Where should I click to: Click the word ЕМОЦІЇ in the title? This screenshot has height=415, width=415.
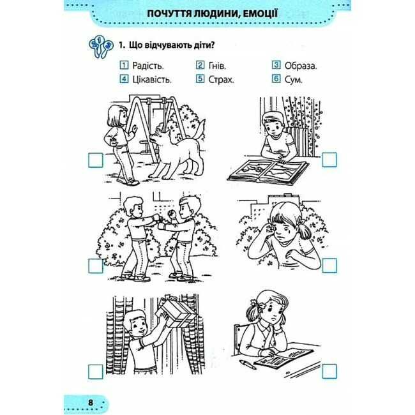coord(256,13)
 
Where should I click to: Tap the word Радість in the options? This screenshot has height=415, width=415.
coord(148,66)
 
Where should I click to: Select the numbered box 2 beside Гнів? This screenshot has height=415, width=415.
coord(200,65)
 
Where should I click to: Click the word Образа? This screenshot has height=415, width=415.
coord(301,66)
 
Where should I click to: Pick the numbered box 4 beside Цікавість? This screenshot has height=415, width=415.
coord(124,79)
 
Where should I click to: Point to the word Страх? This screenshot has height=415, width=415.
coord(222,79)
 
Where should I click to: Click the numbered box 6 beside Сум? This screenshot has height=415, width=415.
coord(276,79)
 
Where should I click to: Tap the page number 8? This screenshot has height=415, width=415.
coord(91,403)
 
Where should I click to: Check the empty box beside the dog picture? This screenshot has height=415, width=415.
coord(95,160)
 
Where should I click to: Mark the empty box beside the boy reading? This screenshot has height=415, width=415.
coord(329,160)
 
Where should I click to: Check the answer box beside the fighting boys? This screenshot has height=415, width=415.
coord(95,266)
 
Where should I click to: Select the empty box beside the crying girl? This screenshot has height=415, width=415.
coord(329,266)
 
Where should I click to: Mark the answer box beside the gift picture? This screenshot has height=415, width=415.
coord(95,372)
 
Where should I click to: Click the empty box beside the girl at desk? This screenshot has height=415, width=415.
coord(329,371)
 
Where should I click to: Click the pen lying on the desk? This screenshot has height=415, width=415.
coord(248,364)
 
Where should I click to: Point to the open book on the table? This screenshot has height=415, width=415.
coord(268,172)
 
